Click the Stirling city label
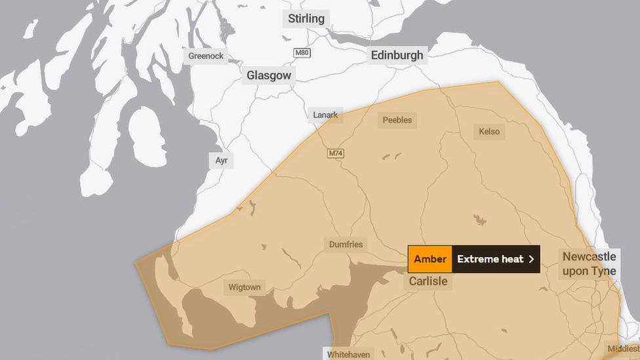coord(306,18)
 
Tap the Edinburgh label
coord(397,55)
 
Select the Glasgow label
coord(269,75)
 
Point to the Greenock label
coord(206,56)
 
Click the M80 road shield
coord(302,53)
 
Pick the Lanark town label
coord(325,115)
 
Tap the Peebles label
coord(397,120)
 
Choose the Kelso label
coord(489,131)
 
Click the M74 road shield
coord(336,153)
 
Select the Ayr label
coord(222,160)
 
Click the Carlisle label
coord(428,281)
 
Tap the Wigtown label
coord(245,287)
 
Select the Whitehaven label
coord(349,354)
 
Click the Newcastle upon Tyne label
coord(589,264)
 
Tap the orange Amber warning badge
coord(430,259)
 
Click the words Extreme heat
coord(490,259)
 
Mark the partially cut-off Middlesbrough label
coord(622,349)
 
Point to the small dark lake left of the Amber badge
coord(480,220)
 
